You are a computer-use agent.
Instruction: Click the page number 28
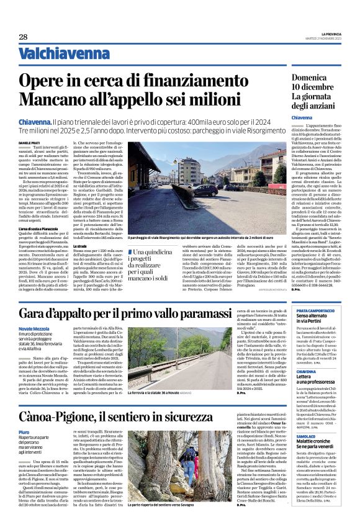(x=23, y=37)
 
